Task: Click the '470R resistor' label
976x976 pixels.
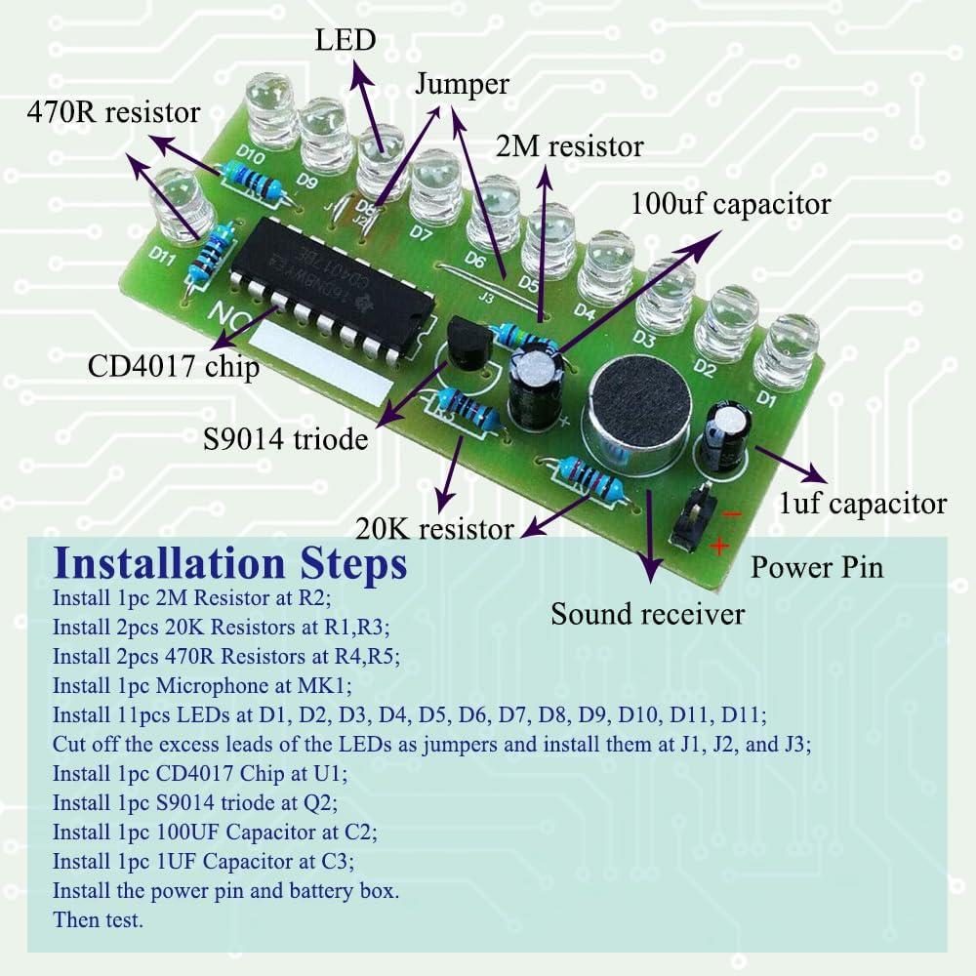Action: pos(112,112)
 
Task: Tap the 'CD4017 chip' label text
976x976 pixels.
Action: pos(174,367)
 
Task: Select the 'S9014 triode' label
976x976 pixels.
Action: pos(286,439)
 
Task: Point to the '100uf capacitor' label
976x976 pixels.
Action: pos(730,204)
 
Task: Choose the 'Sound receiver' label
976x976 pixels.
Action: pos(647,614)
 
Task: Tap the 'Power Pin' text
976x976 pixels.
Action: pos(816,566)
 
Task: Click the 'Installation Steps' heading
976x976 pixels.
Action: pos(230,563)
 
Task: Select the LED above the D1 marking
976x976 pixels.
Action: pos(787,351)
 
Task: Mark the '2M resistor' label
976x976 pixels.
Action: pos(569,146)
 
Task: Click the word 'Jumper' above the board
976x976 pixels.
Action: pos(462,84)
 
